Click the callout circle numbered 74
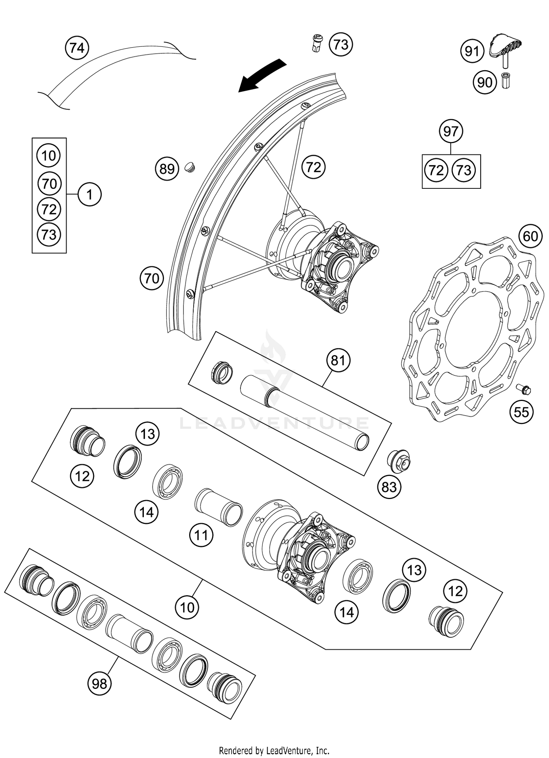tap(77, 48)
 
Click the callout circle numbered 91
tap(472, 52)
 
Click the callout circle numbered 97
tap(451, 131)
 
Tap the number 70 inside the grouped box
tap(49, 183)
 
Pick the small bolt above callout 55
tap(523, 389)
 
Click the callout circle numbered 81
tap(338, 360)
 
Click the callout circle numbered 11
tap(201, 535)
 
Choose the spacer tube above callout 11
tap(219, 507)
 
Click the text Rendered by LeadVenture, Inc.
tap(274, 751)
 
